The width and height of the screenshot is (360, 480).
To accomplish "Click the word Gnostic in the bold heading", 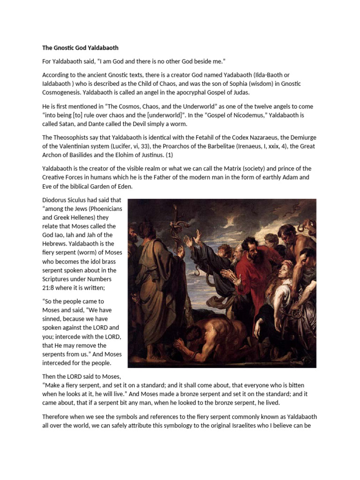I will click(67, 48).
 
